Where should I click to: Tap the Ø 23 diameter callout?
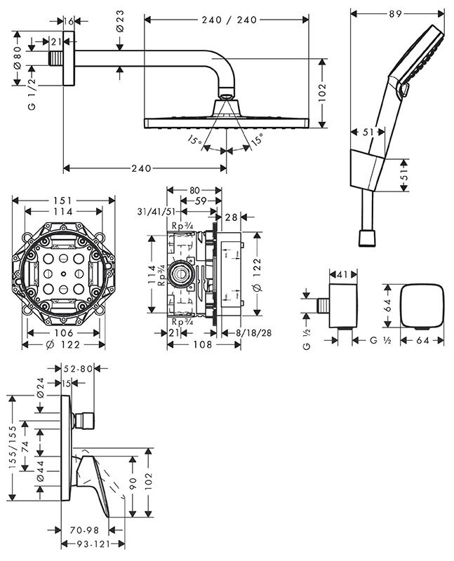pos(121,22)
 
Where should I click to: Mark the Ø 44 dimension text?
pos(40,474)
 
